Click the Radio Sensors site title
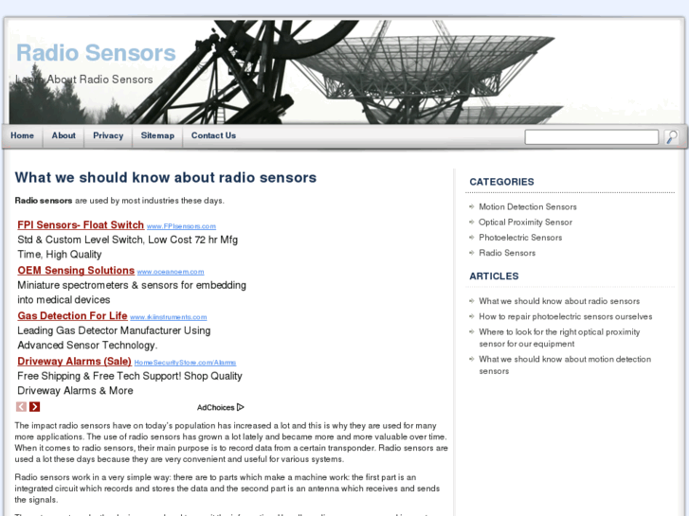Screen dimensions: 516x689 (x=96, y=53)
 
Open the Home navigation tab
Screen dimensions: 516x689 (x=22, y=135)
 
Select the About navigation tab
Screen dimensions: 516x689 (x=63, y=135)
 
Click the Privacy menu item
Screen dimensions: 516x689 (x=108, y=135)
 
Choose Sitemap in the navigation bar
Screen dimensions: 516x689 (x=157, y=135)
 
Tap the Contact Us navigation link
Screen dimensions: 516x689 (x=213, y=135)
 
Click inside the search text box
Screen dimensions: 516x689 (x=591, y=137)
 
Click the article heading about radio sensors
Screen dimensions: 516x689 (x=166, y=177)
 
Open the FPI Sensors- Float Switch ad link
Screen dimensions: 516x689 (x=81, y=225)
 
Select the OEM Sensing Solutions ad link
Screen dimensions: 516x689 (x=76, y=271)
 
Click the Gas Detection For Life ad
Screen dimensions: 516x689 (x=72, y=316)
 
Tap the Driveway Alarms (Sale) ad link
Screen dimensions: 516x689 (x=74, y=362)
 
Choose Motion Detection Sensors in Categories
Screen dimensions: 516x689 (x=527, y=206)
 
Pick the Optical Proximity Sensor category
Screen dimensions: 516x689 (x=525, y=222)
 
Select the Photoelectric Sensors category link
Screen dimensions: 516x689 (x=520, y=238)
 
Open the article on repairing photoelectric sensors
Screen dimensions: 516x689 (x=565, y=316)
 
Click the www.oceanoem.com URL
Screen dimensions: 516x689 (x=171, y=272)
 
